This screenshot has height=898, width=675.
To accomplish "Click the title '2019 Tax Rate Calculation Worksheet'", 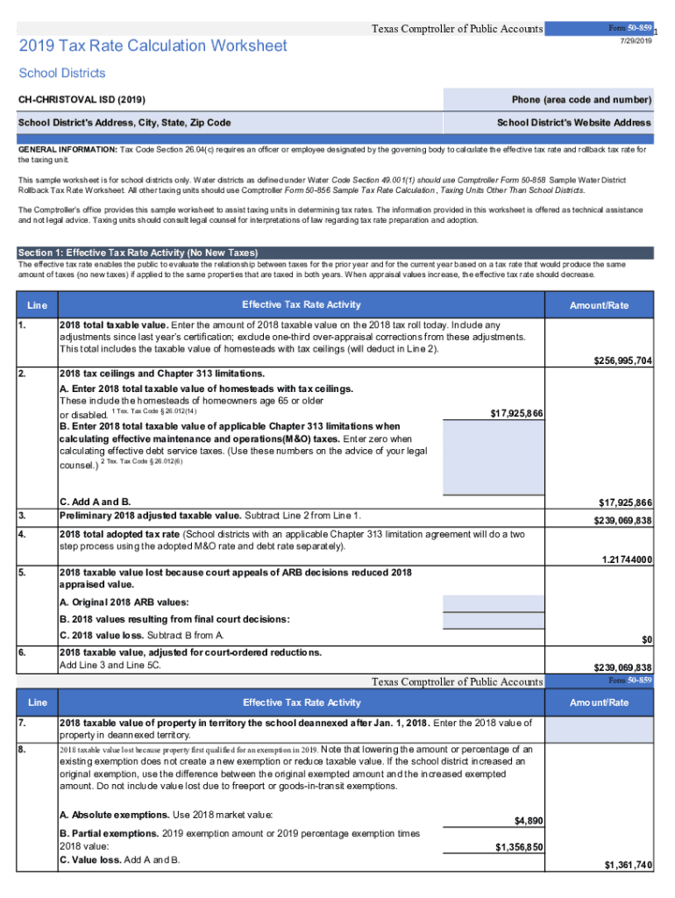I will tap(153, 45).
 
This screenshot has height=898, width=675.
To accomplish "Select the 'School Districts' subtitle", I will tap(62, 73).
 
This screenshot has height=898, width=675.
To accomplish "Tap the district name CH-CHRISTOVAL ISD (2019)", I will tap(76, 99).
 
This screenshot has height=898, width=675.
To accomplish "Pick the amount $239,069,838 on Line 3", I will tap(617, 521).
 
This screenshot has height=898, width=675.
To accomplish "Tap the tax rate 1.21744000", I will tap(622, 559).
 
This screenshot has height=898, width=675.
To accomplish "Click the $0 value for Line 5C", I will tap(644, 640).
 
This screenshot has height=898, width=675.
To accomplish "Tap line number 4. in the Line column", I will tap(22, 533).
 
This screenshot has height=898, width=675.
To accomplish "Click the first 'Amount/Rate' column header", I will tap(599, 305).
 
